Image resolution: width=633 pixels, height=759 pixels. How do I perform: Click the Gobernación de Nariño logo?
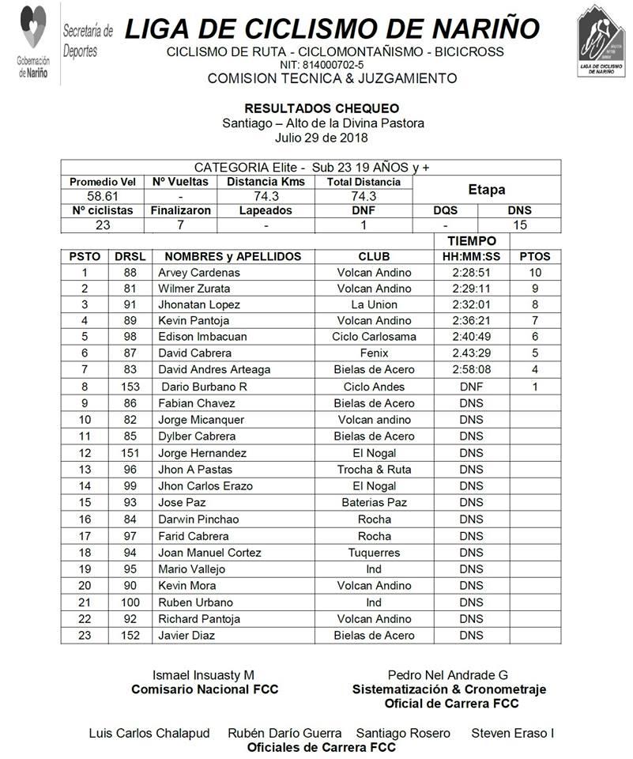click(x=32, y=41)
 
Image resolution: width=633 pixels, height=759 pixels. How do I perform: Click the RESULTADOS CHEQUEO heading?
click(x=322, y=108)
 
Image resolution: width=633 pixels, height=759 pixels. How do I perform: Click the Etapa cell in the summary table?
click(x=487, y=190)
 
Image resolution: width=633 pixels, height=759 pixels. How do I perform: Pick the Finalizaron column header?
click(x=181, y=211)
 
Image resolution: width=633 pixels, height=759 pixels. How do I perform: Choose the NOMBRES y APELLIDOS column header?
click(x=228, y=256)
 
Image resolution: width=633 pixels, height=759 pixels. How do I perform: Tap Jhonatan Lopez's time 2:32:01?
click(x=471, y=304)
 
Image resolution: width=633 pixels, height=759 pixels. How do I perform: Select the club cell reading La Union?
click(x=375, y=304)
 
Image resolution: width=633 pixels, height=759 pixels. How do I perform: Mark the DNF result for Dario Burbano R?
click(x=471, y=387)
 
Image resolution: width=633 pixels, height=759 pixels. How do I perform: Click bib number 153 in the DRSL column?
click(x=130, y=387)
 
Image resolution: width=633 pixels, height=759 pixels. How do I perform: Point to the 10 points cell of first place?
click(x=535, y=273)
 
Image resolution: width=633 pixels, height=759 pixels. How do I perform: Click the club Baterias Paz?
click(x=375, y=503)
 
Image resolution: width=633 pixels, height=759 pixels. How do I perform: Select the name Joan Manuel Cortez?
click(x=209, y=553)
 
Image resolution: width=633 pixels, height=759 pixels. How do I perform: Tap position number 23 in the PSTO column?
click(x=85, y=636)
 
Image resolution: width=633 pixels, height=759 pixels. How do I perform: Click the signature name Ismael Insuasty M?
click(x=203, y=675)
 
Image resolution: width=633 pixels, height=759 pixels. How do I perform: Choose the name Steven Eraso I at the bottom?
click(x=512, y=733)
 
